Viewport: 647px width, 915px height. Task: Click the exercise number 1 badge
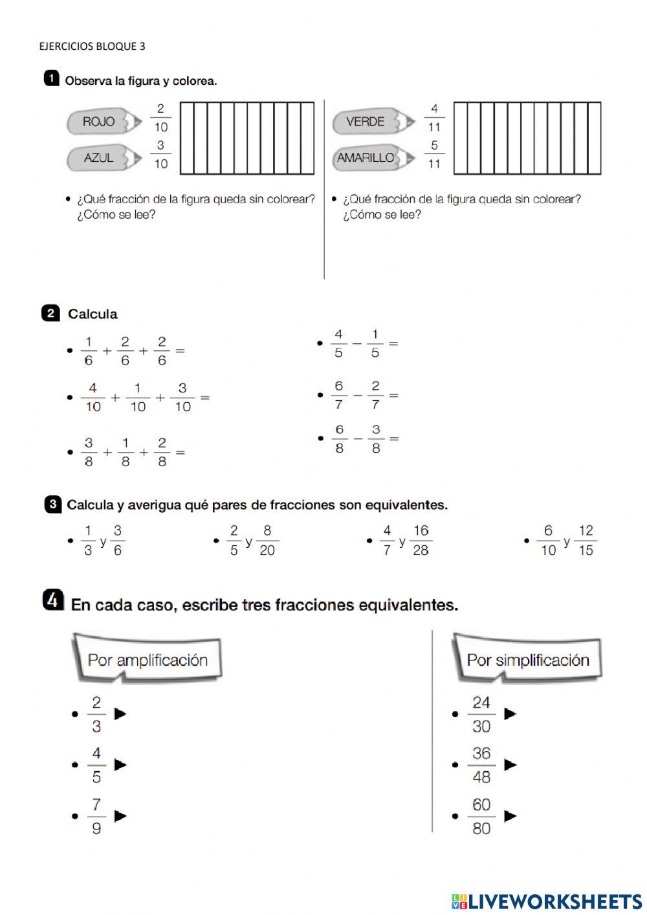click(x=51, y=79)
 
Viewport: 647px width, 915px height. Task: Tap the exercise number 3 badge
click(x=52, y=504)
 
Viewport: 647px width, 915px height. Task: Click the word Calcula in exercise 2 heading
click(x=93, y=314)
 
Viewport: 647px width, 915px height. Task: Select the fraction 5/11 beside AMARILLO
click(x=434, y=155)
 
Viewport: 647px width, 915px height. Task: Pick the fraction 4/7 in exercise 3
click(x=387, y=540)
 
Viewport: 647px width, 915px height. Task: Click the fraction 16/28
click(x=421, y=540)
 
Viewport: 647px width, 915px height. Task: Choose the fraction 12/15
click(x=586, y=540)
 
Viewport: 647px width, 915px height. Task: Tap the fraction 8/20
click(x=267, y=540)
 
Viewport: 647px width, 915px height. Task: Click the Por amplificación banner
click(x=148, y=659)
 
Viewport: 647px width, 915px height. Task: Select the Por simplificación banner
click(x=527, y=659)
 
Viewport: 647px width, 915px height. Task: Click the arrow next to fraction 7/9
click(x=120, y=816)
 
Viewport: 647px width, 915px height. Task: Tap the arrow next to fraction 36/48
click(x=510, y=765)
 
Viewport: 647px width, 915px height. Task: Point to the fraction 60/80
click(x=481, y=816)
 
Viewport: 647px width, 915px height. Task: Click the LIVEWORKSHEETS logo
click(x=547, y=901)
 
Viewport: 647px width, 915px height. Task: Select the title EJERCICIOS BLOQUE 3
click(x=92, y=46)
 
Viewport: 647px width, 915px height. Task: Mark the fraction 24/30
click(x=481, y=714)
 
